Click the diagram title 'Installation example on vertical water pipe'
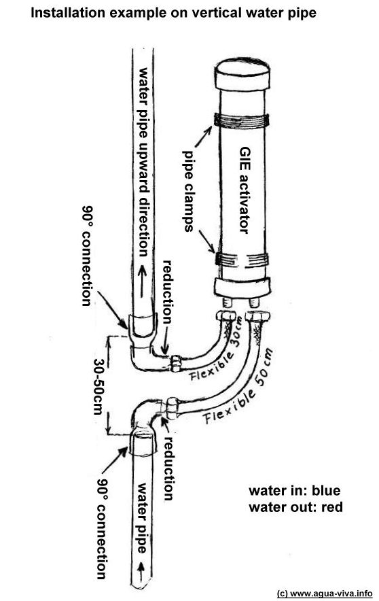[173, 14]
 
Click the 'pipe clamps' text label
[188, 191]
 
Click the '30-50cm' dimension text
[98, 386]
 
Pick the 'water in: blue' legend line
[294, 491]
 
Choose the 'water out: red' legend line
[295, 507]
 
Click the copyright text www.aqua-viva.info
[324, 594]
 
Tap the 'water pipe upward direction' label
[143, 162]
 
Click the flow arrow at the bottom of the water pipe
[143, 572]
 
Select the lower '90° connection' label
[101, 529]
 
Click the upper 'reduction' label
[168, 292]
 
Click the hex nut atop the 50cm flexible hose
[257, 317]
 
